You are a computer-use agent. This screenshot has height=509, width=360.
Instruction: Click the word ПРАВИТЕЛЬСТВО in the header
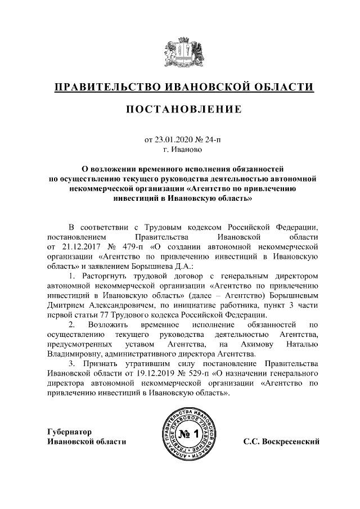(x=106, y=87)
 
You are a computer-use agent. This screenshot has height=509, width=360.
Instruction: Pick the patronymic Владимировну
(x=76, y=354)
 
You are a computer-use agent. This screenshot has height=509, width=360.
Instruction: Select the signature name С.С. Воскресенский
(x=281, y=442)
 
